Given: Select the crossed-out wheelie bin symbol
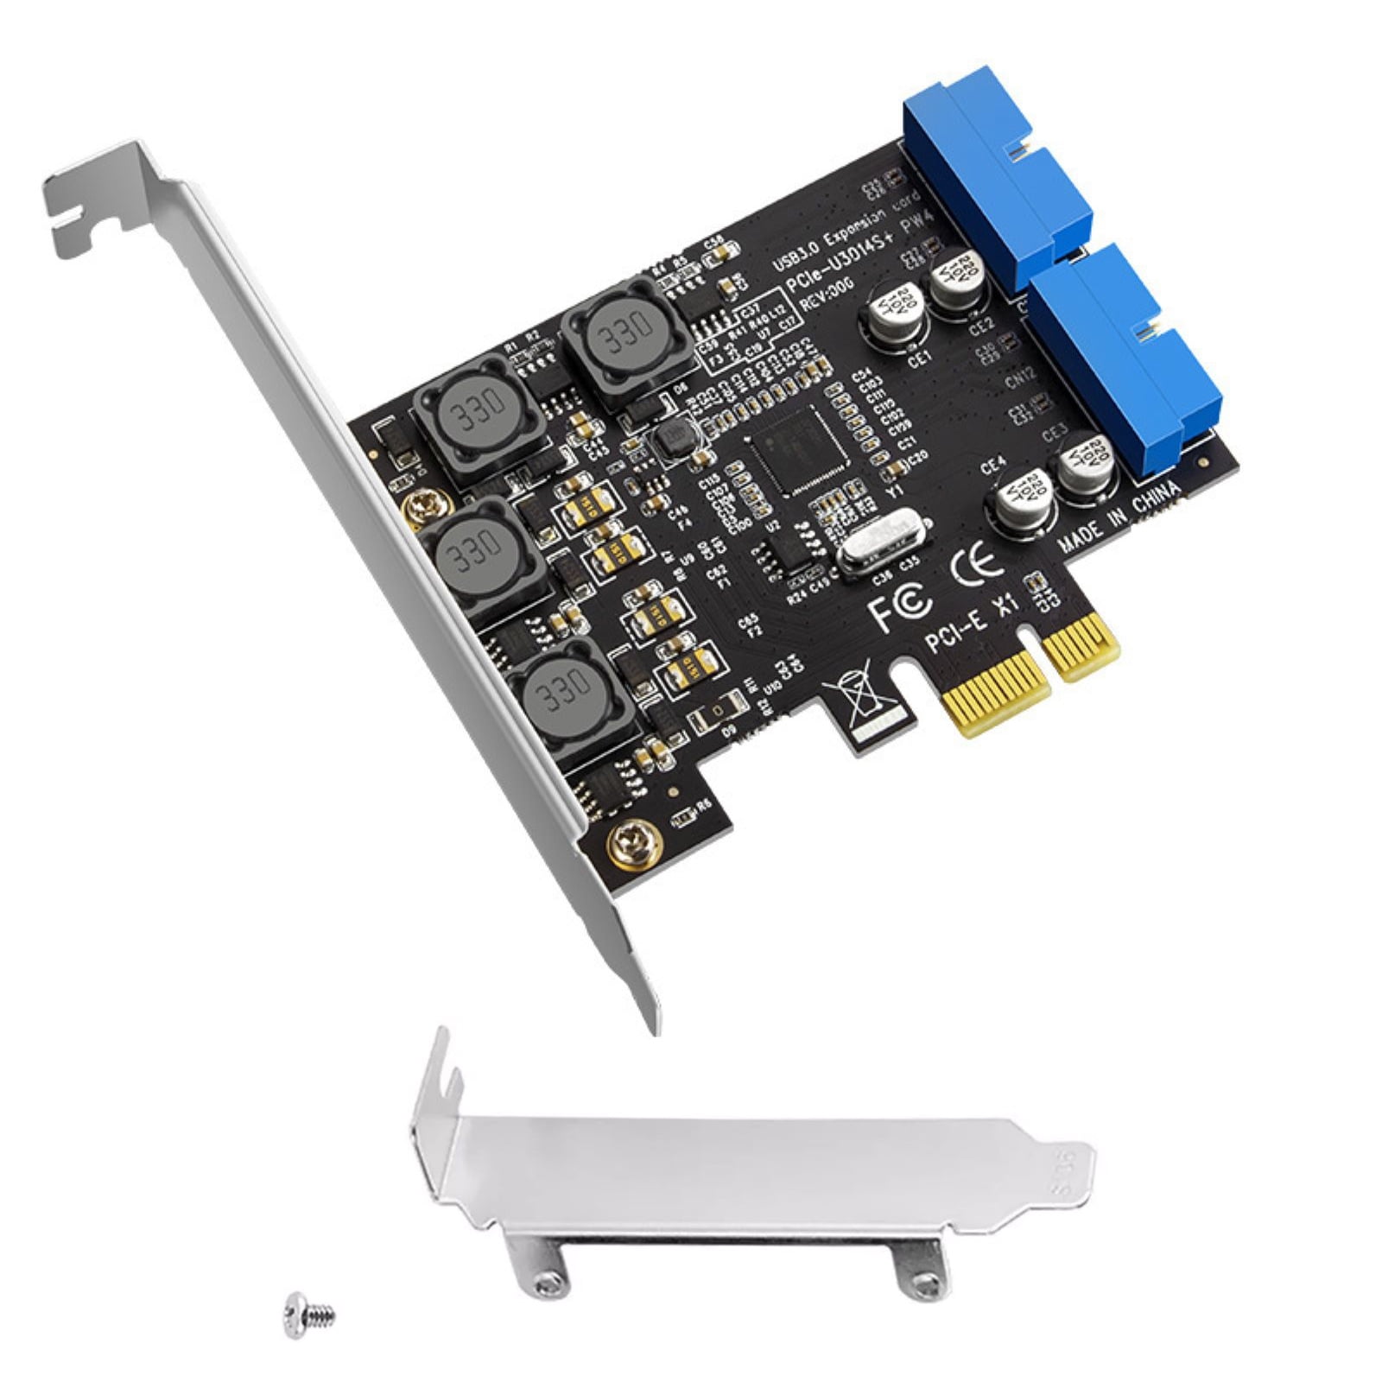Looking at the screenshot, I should [855, 695].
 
